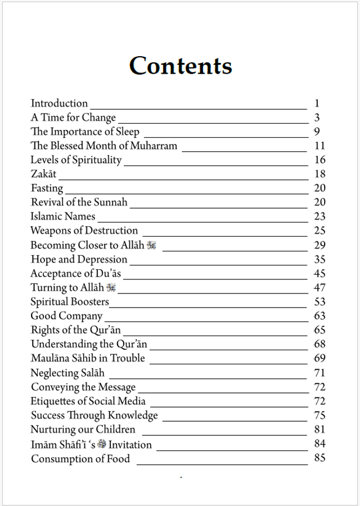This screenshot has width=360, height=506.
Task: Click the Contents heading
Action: pos(180,66)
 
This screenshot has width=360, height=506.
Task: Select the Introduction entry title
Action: pos(59,103)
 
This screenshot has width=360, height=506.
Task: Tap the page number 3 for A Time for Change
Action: pos(317,118)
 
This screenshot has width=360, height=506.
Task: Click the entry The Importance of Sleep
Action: pos(85,132)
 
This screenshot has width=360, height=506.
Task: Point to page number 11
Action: pos(319,146)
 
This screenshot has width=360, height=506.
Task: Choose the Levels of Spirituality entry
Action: pos(76,160)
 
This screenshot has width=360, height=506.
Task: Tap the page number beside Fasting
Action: pos(319,188)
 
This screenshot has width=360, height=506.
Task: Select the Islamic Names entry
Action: pos(63,216)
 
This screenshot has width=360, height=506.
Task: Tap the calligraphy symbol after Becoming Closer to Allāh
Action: pos(151,245)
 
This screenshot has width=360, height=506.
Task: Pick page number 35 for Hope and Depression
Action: pos(319,259)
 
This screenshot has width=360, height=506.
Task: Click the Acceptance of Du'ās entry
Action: pos(75,274)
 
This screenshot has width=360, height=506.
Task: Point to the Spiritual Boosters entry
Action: pos(70,302)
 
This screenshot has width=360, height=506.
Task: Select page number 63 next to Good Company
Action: pos(319,316)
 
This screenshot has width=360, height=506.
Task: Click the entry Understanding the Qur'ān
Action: pos(89,344)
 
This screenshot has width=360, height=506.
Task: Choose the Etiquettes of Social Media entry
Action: pos(88,401)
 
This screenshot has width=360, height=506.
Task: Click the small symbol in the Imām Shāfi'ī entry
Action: pos(101,444)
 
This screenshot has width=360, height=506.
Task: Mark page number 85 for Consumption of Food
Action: pos(319,458)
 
